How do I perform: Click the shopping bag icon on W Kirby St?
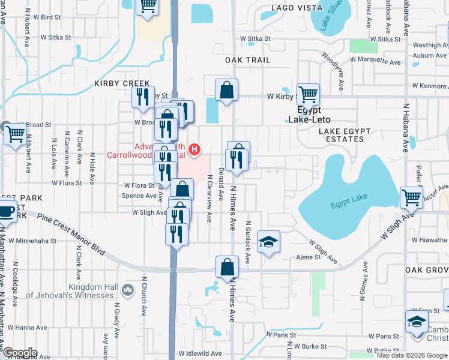pos(227,91)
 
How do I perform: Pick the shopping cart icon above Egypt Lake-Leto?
pos(309,94)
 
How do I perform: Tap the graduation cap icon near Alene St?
pos(269,242)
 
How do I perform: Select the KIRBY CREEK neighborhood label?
pos(117,84)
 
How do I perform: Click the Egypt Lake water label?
pos(348,205)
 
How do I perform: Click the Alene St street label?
pos(309,257)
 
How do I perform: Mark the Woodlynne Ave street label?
pos(332,70)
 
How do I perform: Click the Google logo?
pos(20,353)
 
